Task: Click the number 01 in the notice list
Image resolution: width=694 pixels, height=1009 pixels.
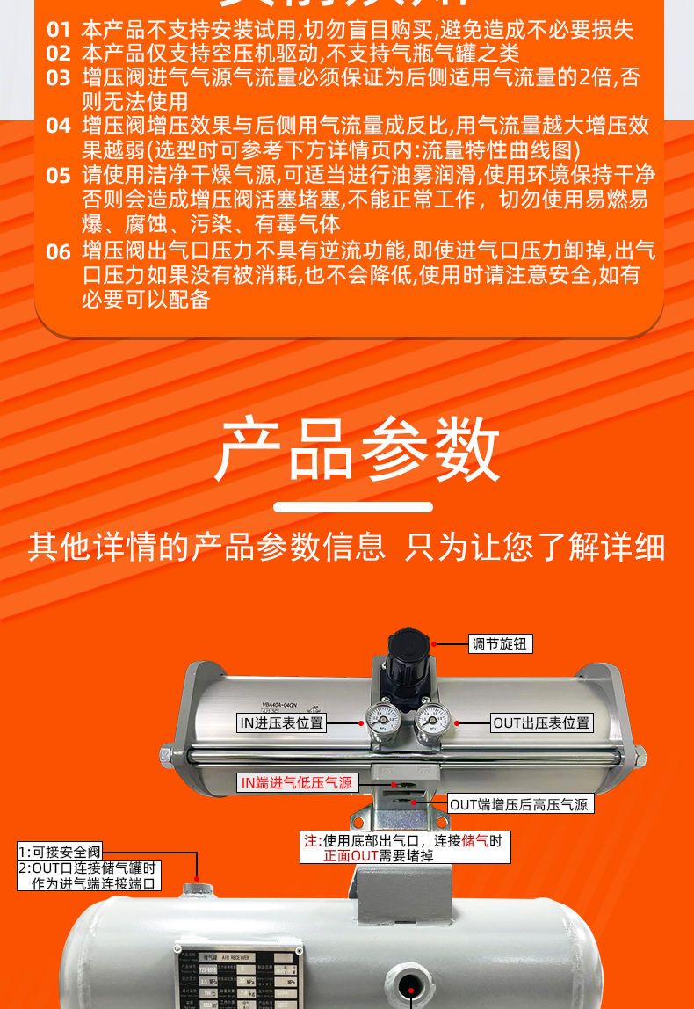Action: point(58,31)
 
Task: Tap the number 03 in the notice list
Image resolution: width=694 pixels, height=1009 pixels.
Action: point(58,78)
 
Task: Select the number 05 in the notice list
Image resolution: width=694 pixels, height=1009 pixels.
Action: point(58,176)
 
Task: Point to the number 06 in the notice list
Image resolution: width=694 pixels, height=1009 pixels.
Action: point(58,252)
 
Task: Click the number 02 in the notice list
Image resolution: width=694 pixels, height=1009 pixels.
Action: point(58,54)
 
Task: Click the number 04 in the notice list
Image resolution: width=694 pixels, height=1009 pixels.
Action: point(58,127)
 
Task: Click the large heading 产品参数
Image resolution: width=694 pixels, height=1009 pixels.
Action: point(357,449)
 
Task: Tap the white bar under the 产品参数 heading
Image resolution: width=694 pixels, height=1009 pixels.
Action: point(353,507)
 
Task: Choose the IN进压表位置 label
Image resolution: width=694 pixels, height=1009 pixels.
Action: point(281,723)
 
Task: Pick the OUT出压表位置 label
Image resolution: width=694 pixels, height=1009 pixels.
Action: point(541,723)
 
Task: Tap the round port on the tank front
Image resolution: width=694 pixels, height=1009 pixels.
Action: point(411,981)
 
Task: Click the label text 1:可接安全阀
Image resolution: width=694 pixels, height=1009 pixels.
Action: point(61,852)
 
